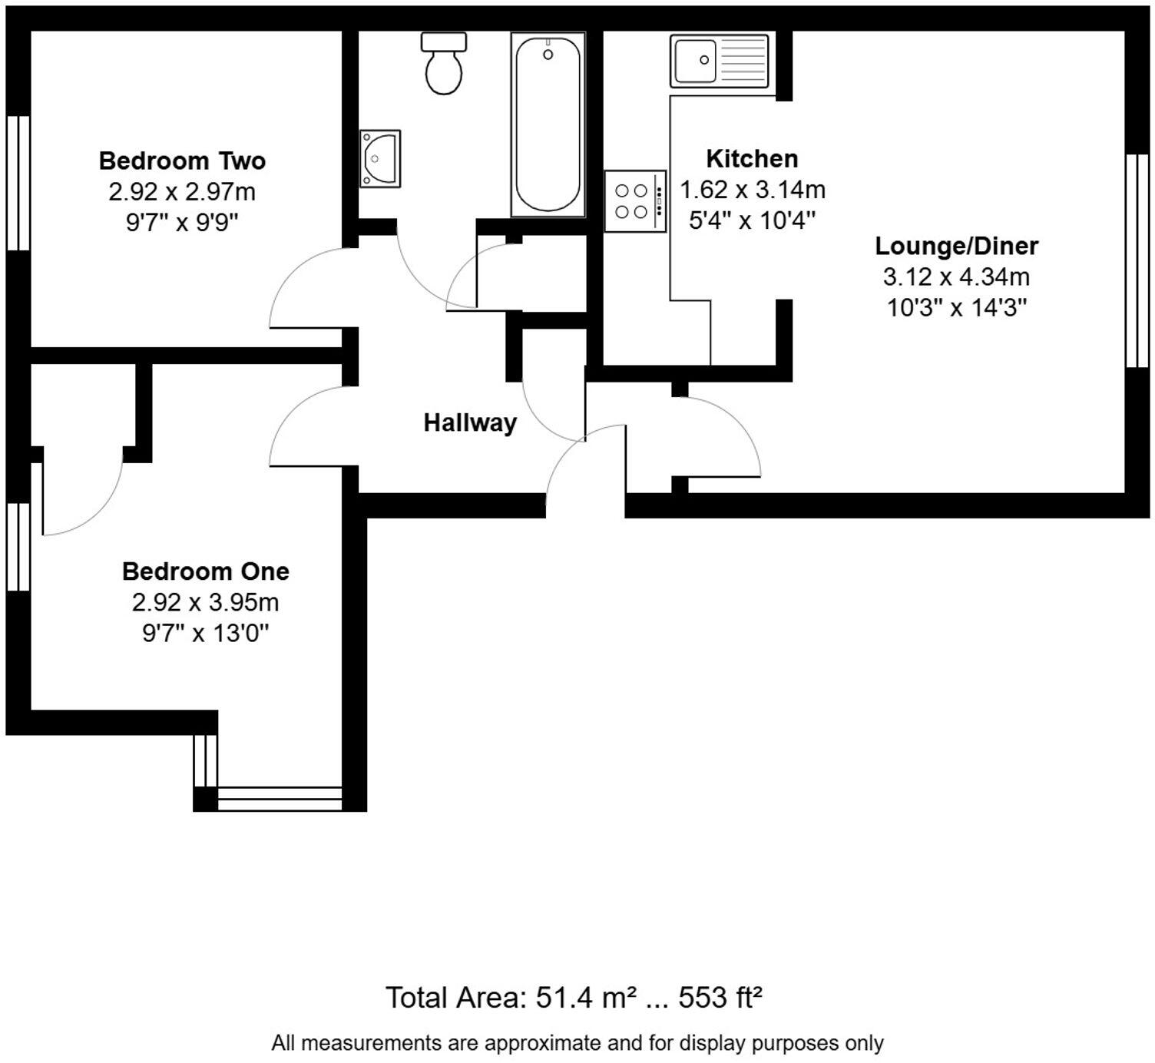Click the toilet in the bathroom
coord(443,63)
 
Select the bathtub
coord(548,124)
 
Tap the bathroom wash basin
coord(380,158)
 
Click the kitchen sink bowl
coord(696,61)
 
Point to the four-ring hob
coord(635,201)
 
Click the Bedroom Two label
coord(182,161)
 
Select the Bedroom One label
coord(206,571)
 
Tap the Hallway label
coord(470,423)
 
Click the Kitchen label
coord(752,159)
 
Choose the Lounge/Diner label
coord(956,246)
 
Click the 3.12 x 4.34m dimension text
coord(956,277)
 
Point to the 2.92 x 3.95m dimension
coord(206,602)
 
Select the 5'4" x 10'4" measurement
coord(752,220)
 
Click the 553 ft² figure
coord(720,998)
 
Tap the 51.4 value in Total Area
coord(564,998)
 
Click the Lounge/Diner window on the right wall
coord(1137,260)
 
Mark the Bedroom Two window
coord(18,183)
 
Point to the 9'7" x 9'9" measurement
coord(182,222)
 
